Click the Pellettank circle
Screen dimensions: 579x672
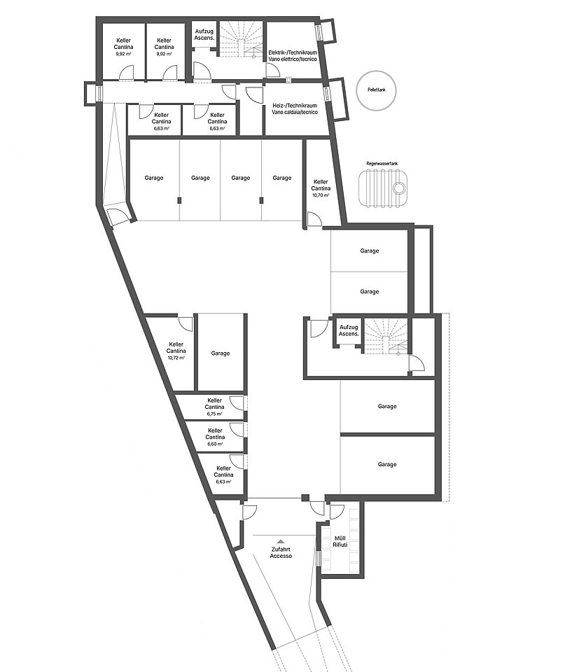coord(376,71)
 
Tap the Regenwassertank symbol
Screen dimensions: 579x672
coord(383,188)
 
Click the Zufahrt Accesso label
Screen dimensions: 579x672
coord(281,552)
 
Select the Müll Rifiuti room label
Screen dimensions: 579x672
coord(340,541)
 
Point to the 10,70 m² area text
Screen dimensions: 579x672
coord(321,195)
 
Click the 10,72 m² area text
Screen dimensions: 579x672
coord(176,358)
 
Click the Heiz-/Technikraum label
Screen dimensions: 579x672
coord(295,109)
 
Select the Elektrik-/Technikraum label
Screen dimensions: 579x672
coord(293,56)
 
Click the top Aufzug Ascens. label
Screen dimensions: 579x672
coord(204,35)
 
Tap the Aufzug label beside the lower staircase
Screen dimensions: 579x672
coord(349,330)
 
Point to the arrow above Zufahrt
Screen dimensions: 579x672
coord(280,542)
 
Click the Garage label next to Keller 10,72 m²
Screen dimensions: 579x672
coord(221,353)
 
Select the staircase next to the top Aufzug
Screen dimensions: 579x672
coord(242,38)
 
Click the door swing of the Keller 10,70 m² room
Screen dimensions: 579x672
coord(314,219)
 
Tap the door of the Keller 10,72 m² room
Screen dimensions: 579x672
coord(186,323)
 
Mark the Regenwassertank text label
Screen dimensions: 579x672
coord(382,164)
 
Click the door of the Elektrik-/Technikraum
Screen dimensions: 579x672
coord(273,70)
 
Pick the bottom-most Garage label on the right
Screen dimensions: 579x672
coord(387,464)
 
